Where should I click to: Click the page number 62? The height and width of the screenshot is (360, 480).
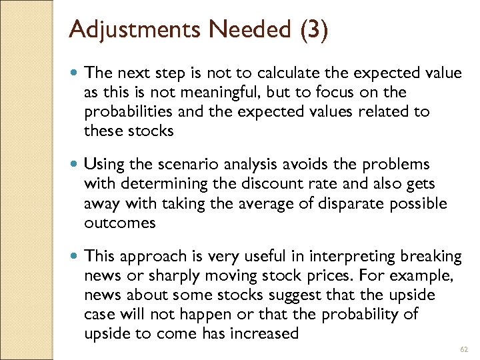tap(463, 349)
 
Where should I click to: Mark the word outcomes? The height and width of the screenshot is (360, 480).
tap(119, 223)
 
